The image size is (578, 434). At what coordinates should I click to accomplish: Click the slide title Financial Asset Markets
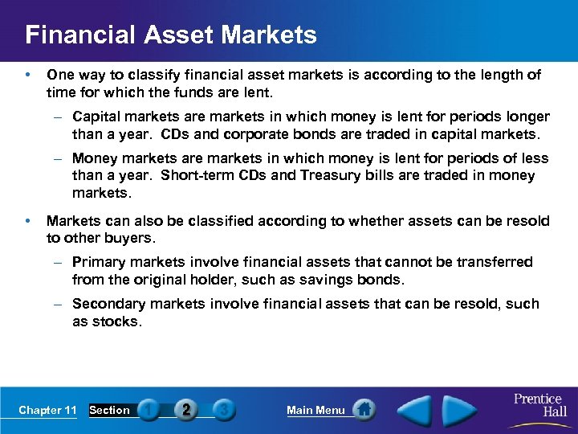(171, 35)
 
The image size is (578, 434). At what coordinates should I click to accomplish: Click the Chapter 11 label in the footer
(47, 410)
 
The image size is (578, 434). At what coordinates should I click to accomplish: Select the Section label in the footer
(109, 410)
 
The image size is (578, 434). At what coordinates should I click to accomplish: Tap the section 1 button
(149, 410)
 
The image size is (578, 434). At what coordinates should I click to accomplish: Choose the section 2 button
(186, 410)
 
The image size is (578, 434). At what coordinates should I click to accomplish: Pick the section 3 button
(224, 410)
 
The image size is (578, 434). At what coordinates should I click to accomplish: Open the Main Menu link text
(315, 410)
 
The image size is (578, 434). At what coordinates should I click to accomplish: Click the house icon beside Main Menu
(364, 410)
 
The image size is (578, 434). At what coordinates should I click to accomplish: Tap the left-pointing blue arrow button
(416, 409)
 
